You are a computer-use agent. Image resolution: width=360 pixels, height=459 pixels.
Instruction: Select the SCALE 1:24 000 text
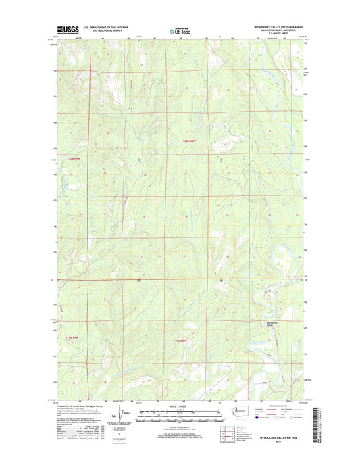coord(180,406)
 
